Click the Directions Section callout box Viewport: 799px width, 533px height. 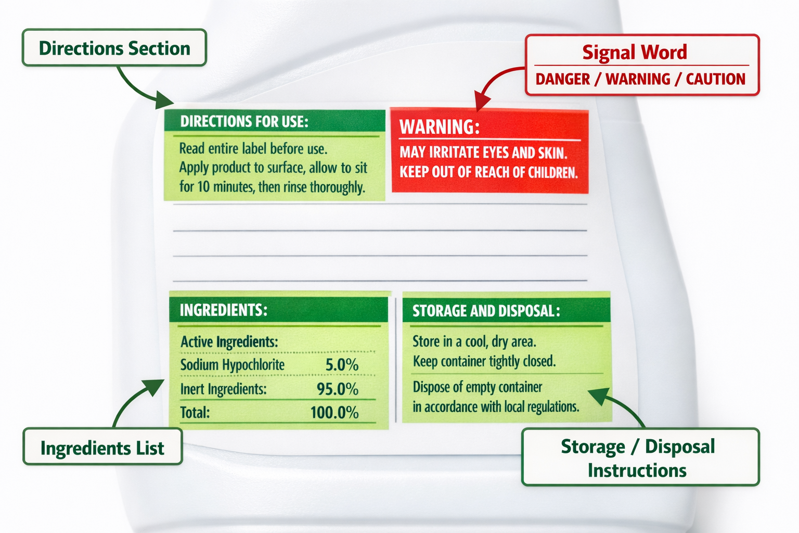point(114,47)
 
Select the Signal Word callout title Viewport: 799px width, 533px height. point(635,52)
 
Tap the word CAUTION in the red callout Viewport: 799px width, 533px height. point(716,79)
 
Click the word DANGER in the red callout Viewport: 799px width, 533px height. point(562,79)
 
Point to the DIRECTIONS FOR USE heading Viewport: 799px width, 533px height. point(244,121)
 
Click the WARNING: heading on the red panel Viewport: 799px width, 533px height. point(440,126)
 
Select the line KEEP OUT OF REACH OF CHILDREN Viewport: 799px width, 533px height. point(488,172)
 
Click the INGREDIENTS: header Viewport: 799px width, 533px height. point(223,310)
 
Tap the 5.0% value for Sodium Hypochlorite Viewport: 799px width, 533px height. point(342,365)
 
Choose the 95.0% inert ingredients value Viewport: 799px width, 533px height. point(338,389)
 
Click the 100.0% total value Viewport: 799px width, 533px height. point(334,412)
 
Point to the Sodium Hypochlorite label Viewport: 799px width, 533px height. point(232,365)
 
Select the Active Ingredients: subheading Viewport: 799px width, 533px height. point(229,341)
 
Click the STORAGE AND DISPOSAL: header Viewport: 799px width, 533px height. point(486,311)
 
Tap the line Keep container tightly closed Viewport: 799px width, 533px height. point(484,361)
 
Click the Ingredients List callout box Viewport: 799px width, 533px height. point(102,447)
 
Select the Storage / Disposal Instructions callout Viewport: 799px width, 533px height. point(640,457)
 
